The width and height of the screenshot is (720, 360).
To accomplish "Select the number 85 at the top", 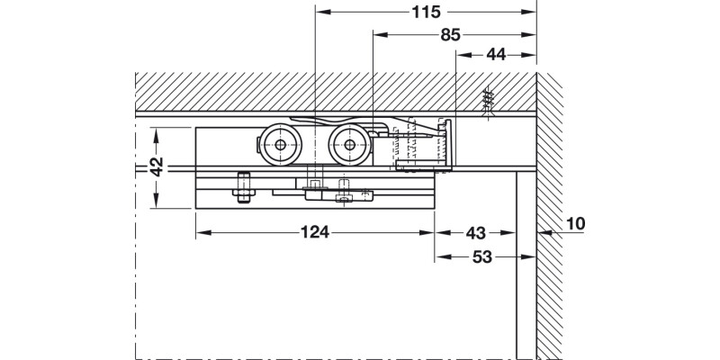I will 451,35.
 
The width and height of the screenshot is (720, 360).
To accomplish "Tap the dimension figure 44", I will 495,55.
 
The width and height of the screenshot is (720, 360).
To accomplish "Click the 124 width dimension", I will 315,232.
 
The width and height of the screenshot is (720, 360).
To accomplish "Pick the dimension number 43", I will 477,232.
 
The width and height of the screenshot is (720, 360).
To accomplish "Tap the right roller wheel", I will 348,146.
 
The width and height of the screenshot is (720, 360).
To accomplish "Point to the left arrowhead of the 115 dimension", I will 322,13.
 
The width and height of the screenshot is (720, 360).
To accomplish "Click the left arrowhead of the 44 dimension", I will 463,55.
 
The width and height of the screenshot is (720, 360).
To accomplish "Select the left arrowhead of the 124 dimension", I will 202,232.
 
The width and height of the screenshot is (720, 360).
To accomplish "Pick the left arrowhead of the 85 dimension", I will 378,35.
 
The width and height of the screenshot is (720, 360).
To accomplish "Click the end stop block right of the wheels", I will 423,148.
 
